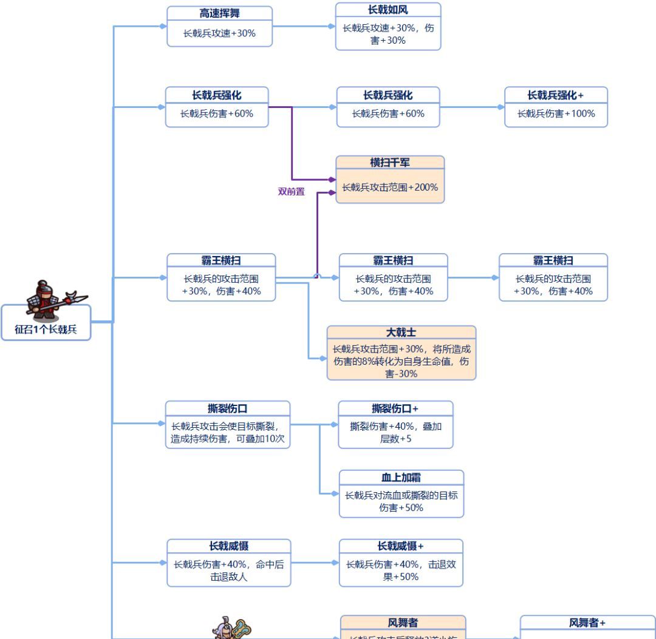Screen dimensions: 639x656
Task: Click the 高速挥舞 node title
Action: [x=219, y=13]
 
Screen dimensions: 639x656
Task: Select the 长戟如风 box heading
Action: [x=388, y=10]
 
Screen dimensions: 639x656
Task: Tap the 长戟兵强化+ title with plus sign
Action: [x=556, y=95]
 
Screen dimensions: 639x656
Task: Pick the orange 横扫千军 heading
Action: [x=390, y=163]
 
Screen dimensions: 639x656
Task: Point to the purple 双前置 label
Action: [x=291, y=192]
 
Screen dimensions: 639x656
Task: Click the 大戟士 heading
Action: [x=401, y=333]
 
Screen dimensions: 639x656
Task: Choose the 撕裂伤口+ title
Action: [x=395, y=408]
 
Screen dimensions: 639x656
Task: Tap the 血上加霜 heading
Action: [x=401, y=478]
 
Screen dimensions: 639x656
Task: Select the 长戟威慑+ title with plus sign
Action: [x=401, y=546]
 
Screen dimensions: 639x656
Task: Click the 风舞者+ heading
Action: [x=587, y=623]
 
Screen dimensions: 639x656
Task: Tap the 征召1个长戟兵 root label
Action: [x=46, y=330]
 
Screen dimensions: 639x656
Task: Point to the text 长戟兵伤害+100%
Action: [x=556, y=113]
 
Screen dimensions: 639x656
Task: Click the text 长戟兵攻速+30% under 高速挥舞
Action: [x=219, y=33]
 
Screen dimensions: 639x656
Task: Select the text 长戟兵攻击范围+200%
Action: [x=390, y=188]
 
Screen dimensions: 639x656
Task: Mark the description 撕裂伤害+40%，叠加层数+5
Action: [x=395, y=432]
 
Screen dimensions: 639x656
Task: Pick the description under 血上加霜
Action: [x=401, y=501]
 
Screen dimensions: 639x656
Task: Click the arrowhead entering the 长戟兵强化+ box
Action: [x=501, y=107]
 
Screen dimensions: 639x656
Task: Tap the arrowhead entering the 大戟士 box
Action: [x=323, y=358]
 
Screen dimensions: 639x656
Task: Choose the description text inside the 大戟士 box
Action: [x=401, y=361]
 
